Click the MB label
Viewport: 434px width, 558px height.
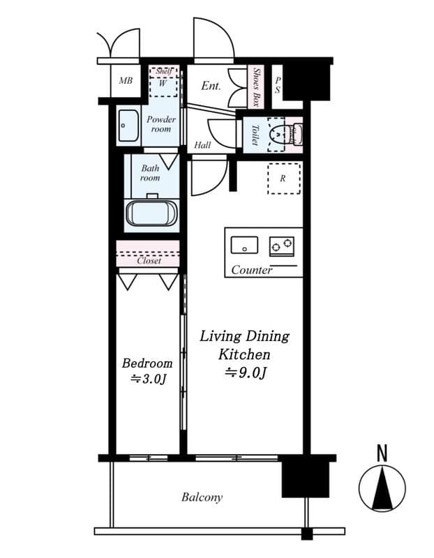click(125, 81)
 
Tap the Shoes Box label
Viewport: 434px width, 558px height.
click(257, 86)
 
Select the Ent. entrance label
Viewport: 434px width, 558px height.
click(211, 86)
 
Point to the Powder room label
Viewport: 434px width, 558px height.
click(160, 124)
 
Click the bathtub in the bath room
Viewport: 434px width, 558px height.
click(151, 213)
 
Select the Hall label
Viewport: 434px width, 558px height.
click(202, 145)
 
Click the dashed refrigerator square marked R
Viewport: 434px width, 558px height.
click(283, 178)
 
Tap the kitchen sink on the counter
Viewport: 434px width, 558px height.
click(244, 244)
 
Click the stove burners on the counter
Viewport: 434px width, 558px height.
click(282, 244)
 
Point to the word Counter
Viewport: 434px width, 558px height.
click(251, 270)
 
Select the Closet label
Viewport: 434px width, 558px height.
click(149, 261)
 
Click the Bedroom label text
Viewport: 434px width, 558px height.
click(147, 363)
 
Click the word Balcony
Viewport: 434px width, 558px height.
click(202, 497)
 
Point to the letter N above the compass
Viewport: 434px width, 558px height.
click(382, 453)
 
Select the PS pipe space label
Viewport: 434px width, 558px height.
click(277, 85)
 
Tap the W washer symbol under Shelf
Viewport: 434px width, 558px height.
click(163, 82)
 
